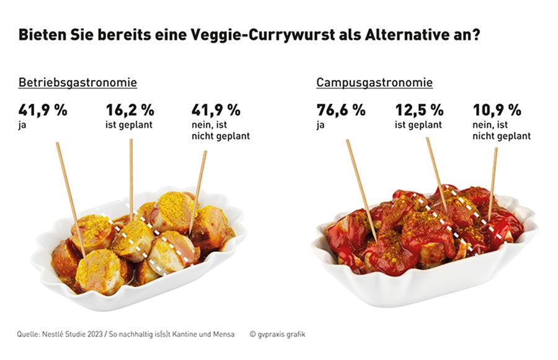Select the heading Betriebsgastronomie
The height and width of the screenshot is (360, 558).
77,82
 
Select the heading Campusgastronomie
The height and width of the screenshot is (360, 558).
374,82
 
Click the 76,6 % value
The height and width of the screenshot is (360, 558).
341,110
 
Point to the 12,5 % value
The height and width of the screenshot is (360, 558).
419,110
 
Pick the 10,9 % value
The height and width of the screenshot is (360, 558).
497,110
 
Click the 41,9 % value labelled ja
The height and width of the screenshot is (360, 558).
42,110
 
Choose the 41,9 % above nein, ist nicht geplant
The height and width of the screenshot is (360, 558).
215,110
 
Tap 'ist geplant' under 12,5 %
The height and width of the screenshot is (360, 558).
418,125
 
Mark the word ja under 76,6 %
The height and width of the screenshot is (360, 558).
321,125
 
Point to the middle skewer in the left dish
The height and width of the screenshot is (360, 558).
131,177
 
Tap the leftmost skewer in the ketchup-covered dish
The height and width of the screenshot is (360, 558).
360,186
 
